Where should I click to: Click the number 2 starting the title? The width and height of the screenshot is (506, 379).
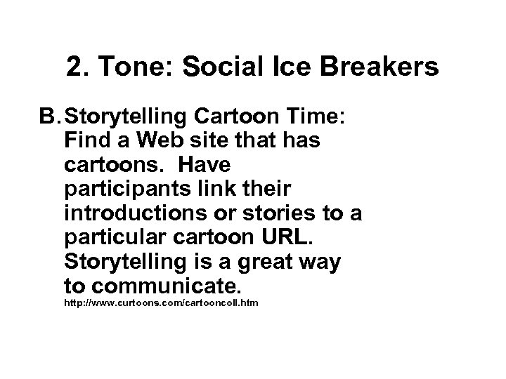pos(74,67)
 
